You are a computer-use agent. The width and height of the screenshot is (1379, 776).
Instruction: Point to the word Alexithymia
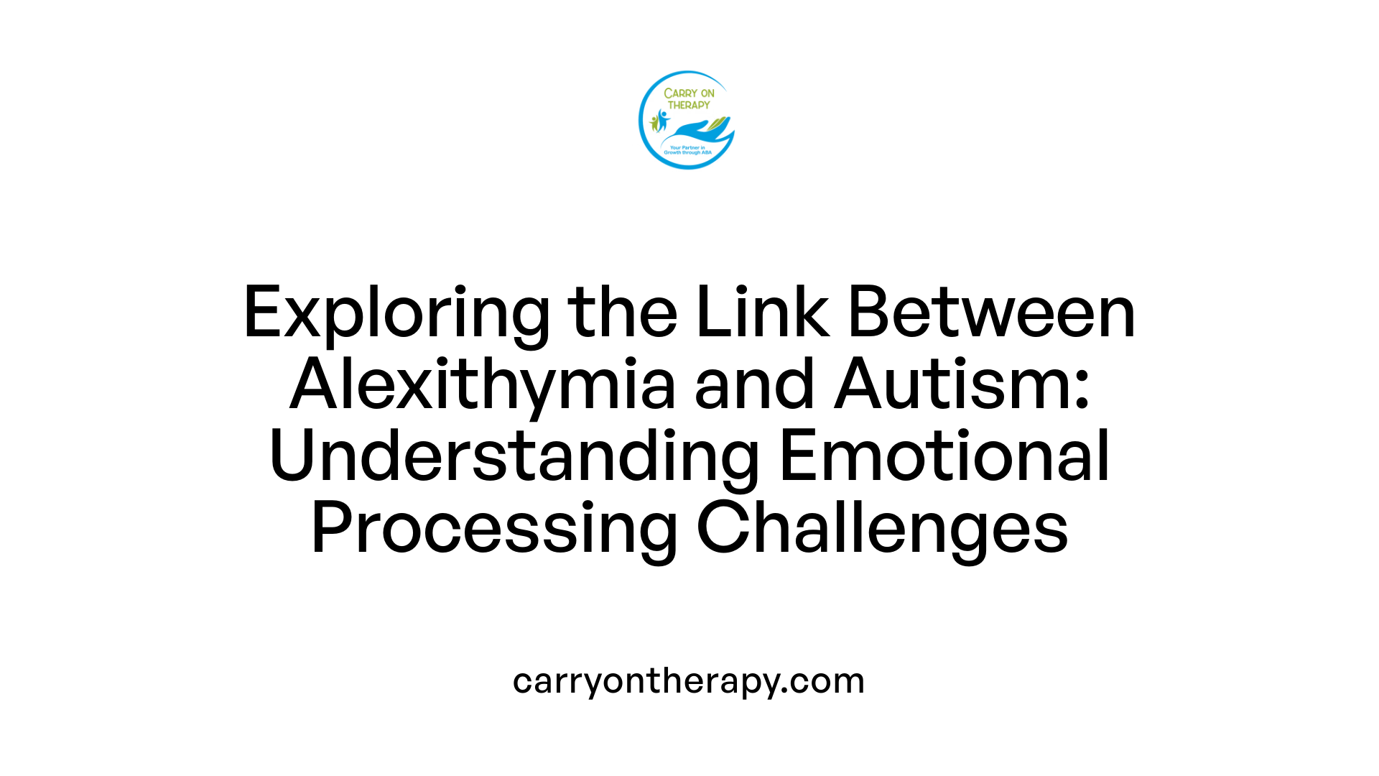482,385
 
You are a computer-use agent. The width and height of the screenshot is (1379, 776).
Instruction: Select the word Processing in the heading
494,529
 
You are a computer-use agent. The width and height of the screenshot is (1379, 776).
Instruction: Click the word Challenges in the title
882,529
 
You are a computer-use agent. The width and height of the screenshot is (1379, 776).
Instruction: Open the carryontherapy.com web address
689,680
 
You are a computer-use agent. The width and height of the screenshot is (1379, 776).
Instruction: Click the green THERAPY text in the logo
689,105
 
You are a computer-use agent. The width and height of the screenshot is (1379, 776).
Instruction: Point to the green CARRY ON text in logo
689,93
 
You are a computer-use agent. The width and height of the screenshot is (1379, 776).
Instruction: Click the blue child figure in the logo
661,120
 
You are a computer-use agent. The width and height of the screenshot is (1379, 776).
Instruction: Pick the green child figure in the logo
654,123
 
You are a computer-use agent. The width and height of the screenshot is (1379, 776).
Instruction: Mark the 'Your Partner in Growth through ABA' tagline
687,150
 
